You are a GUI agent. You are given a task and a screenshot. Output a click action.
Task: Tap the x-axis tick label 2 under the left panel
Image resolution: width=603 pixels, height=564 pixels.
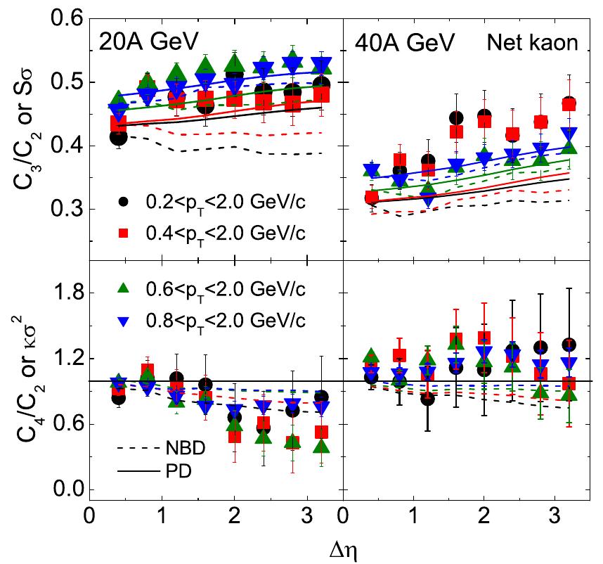click(235, 514)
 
